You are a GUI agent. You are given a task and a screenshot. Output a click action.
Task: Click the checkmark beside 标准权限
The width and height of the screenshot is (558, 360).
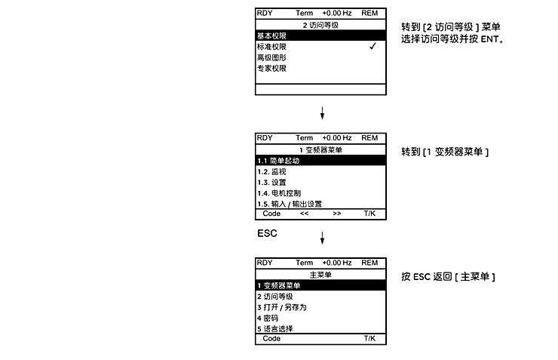(x=373, y=46)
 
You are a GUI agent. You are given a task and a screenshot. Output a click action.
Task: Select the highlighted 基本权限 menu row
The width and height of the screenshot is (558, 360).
(x=320, y=35)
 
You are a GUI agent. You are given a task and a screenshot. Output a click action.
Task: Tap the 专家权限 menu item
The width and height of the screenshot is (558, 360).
(x=272, y=68)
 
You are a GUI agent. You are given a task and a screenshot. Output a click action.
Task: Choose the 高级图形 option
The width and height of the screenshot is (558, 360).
(x=272, y=57)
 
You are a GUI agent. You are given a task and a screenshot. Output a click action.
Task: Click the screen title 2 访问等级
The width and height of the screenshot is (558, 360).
(x=320, y=25)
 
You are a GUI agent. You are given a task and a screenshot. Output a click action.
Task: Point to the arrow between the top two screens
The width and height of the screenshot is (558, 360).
(x=322, y=113)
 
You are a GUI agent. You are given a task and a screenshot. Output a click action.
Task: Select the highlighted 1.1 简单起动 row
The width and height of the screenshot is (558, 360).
(x=320, y=161)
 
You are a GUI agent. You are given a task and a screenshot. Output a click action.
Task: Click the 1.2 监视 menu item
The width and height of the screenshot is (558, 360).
(x=272, y=171)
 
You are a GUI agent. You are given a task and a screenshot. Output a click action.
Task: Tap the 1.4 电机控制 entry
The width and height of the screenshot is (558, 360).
(x=279, y=193)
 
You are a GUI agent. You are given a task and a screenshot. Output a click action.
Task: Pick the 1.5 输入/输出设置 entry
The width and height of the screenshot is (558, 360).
(x=290, y=204)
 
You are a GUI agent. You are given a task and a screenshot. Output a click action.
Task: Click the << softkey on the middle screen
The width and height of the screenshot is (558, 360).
(x=305, y=214)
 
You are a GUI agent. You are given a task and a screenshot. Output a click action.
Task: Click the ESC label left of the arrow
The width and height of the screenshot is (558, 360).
(x=267, y=233)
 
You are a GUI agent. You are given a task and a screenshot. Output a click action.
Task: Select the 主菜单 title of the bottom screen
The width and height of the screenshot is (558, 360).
(x=320, y=275)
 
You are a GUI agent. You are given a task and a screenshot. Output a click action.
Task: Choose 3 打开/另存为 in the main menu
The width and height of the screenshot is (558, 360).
(x=282, y=307)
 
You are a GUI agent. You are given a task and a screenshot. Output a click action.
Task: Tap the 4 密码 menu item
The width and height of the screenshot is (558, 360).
(x=268, y=318)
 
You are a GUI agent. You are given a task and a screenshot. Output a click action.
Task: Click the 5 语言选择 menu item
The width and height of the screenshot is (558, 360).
(x=275, y=328)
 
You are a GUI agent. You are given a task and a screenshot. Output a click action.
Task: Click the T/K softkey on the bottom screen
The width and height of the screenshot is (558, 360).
(x=369, y=339)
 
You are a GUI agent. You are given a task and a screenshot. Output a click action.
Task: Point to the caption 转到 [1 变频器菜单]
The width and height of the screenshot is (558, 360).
(x=445, y=152)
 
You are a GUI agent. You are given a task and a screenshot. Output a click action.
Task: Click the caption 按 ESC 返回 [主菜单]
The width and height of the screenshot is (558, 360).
(x=448, y=277)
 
